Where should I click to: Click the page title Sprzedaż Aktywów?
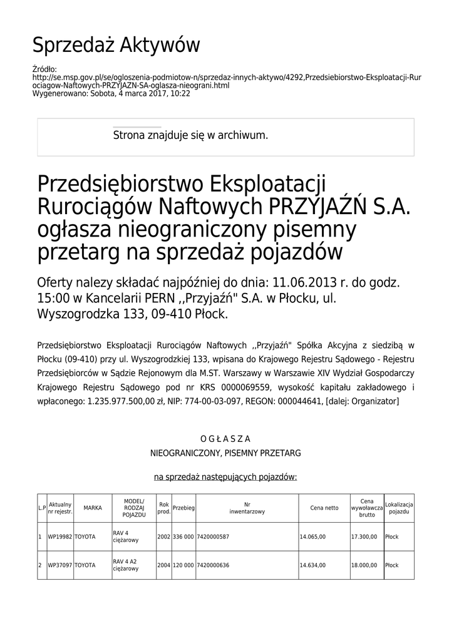[116, 46]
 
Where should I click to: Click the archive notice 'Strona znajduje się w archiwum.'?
[190, 135]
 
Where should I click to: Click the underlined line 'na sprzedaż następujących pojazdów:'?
[225, 477]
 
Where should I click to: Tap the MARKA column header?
[93, 508]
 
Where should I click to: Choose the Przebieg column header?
[183, 508]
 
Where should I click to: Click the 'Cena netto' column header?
[324, 508]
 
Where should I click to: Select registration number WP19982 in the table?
[61, 536]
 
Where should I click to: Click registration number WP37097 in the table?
[61, 565]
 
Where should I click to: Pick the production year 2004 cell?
[164, 565]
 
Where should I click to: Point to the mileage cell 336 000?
[183, 536]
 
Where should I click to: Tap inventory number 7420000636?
[213, 565]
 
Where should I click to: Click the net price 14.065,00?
[312, 536]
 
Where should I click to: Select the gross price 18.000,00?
[364, 565]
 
